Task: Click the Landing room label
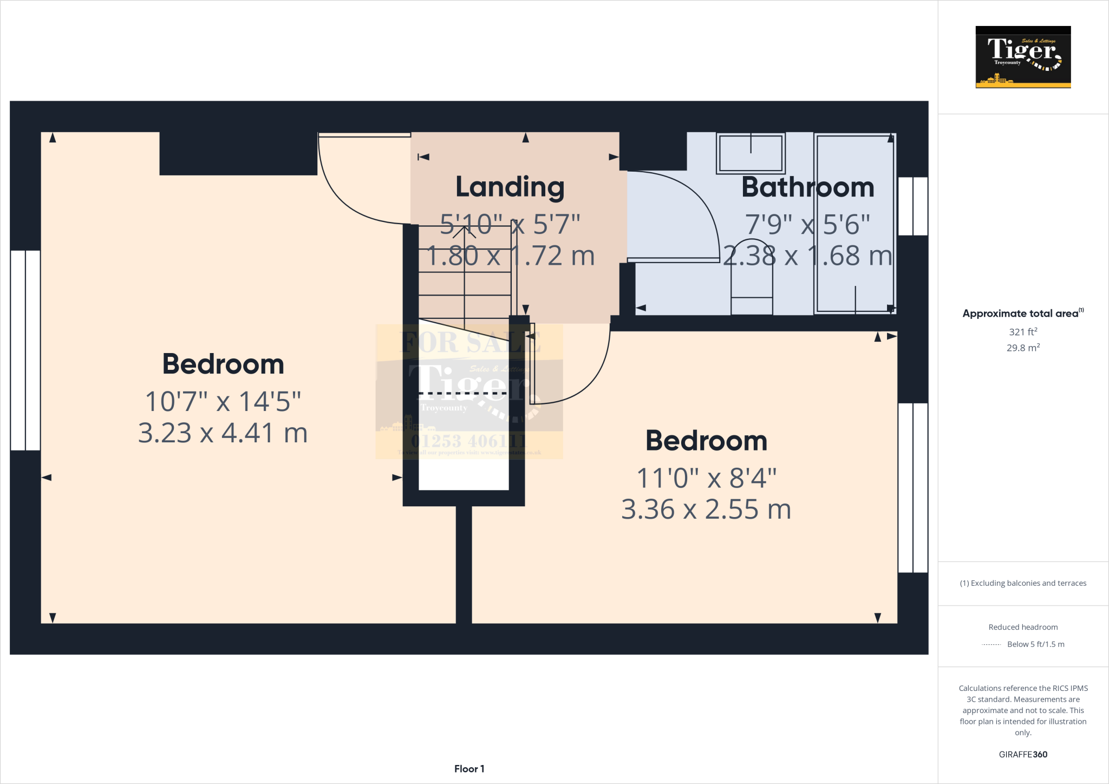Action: (x=510, y=187)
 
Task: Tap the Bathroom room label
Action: (x=807, y=187)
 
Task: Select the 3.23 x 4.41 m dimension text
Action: (x=223, y=433)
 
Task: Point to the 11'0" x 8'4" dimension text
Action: (x=706, y=478)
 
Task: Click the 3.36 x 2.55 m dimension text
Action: (x=706, y=509)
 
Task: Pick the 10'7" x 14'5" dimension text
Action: (x=223, y=402)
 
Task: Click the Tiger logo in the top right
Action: (x=1023, y=57)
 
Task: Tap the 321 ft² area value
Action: (x=1022, y=332)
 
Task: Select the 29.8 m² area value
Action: (x=1022, y=348)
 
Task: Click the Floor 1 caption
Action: (x=469, y=769)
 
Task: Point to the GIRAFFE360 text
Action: (x=1022, y=754)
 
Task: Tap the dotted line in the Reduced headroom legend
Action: (x=991, y=644)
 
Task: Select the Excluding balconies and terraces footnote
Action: (x=1022, y=583)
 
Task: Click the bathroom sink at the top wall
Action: (x=750, y=153)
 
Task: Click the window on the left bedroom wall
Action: (x=25, y=350)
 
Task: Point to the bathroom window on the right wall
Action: (x=913, y=206)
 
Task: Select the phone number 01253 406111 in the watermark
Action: (x=469, y=441)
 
